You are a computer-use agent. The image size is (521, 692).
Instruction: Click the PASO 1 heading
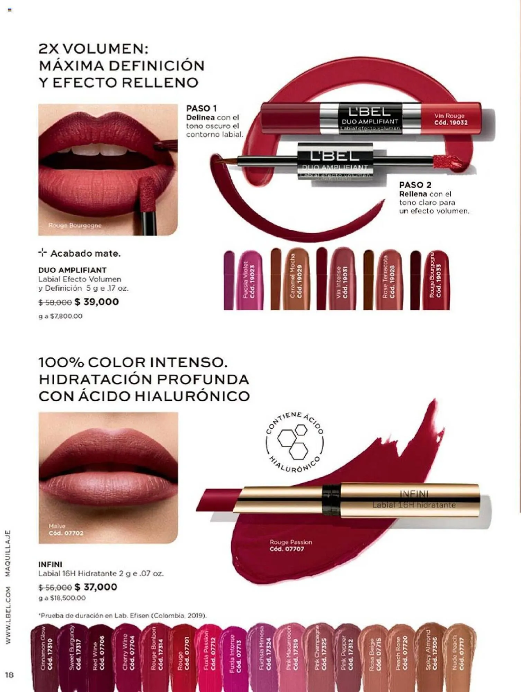[201, 108]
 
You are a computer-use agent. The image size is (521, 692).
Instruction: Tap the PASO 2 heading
[415, 185]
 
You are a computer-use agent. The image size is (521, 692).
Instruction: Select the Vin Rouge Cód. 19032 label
[450, 119]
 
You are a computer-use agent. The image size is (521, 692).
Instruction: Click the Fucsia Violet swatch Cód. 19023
[249, 280]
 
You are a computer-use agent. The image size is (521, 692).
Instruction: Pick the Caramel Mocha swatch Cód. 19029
[296, 280]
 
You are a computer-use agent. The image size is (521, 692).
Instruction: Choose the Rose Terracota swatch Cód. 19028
[389, 280]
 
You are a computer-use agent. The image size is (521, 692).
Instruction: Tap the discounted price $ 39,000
[97, 302]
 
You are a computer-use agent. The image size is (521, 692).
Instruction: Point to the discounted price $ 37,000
[96, 587]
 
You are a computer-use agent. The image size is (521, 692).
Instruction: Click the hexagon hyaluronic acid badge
[295, 443]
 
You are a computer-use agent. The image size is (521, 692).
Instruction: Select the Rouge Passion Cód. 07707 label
[290, 545]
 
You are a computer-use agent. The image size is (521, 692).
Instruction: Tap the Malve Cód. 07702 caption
[66, 530]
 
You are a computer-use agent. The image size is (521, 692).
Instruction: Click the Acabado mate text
[85, 254]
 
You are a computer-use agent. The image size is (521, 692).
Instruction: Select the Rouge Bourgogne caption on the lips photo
[75, 226]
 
